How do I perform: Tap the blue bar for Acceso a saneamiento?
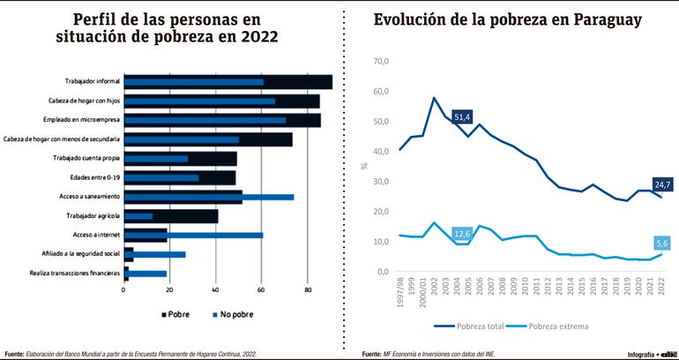tap(265, 197)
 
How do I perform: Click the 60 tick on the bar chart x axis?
tap(261, 289)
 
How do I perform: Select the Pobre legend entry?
tap(177, 313)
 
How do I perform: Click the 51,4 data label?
tap(463, 116)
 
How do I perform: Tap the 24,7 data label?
tap(662, 184)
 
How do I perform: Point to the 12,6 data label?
tap(462, 234)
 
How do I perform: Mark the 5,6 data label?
tap(663, 244)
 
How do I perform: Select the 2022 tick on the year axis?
tap(662, 288)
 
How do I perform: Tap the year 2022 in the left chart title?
tap(254, 36)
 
